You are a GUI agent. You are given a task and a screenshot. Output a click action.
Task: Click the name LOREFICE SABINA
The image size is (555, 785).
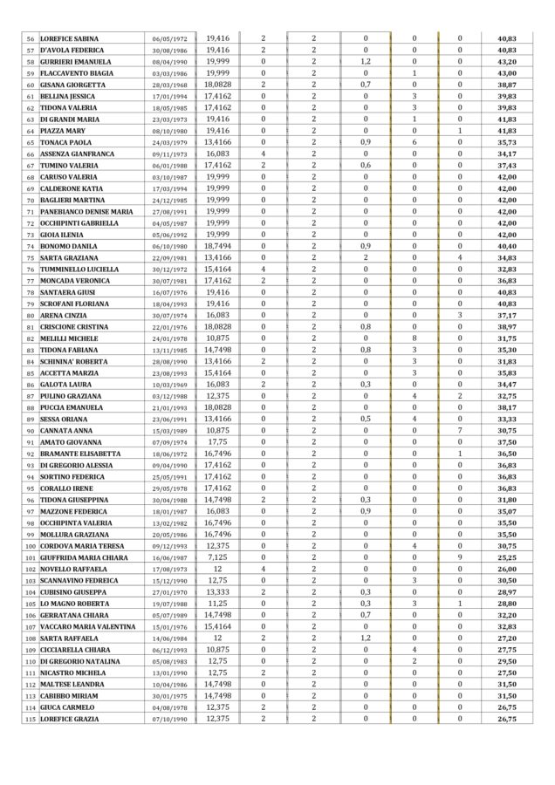(70, 39)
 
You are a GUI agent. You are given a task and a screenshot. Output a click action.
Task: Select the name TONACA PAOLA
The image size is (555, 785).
(65, 142)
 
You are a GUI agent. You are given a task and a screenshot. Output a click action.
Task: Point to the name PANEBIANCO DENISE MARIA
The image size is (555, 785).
(86, 211)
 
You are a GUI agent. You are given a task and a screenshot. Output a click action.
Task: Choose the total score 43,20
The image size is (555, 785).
(506, 62)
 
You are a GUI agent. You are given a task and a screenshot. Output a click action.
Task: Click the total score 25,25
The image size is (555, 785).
(506, 557)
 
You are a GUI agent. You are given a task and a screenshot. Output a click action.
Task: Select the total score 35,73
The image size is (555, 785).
(506, 142)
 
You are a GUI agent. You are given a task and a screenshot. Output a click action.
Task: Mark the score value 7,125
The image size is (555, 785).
(217, 557)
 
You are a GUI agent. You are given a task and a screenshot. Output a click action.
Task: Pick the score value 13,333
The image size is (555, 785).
(217, 591)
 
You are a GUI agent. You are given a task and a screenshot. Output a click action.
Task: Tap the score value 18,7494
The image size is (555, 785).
(217, 246)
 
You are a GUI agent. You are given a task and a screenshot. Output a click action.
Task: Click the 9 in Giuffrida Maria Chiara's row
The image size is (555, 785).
(461, 557)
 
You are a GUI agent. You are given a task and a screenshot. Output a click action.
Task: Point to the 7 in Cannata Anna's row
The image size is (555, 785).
(461, 430)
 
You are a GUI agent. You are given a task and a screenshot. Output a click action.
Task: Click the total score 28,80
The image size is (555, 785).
(506, 604)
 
